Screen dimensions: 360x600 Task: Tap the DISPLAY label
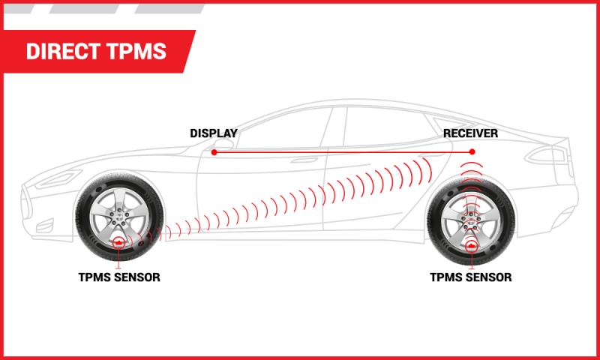pos(213,133)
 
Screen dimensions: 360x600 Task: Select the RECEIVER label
pos(470,133)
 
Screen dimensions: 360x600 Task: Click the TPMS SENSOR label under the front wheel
pos(118,277)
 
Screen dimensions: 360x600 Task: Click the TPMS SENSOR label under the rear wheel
pos(471,277)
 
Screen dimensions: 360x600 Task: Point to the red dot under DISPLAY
pos(214,152)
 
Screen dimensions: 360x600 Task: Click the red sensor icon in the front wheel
pos(118,243)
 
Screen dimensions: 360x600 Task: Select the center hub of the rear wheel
pos(471,219)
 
